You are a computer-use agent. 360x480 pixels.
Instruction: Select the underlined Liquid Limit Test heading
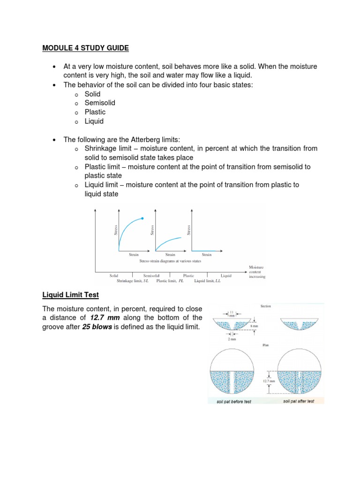(70, 294)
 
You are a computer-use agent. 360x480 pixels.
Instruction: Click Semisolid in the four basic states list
(100, 103)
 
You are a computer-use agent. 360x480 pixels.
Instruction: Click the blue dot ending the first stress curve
(142, 218)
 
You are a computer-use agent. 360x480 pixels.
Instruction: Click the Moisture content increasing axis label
(257, 272)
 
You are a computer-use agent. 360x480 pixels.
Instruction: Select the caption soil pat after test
(299, 402)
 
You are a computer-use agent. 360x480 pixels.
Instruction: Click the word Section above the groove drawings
(266, 306)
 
